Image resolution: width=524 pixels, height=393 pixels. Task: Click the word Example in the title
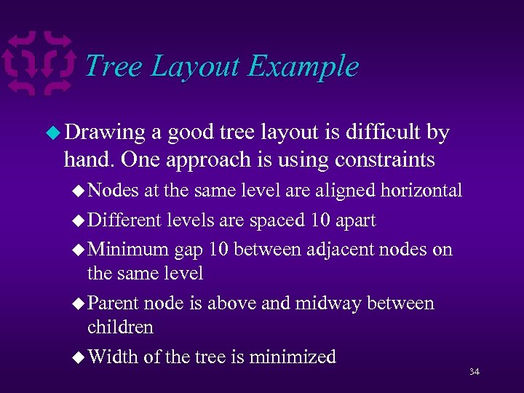pyautogui.click(x=303, y=66)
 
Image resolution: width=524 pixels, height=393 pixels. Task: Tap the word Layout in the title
pyautogui.click(x=195, y=66)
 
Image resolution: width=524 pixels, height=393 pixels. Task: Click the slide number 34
pyautogui.click(x=475, y=372)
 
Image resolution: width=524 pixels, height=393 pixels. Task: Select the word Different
pyautogui.click(x=124, y=220)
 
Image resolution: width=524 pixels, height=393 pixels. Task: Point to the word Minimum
pyautogui.click(x=127, y=250)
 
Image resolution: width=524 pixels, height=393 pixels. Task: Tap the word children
pyautogui.click(x=120, y=327)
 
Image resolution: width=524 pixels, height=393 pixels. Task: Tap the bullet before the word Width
pyautogui.click(x=79, y=357)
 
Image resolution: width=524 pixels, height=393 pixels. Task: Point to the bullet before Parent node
pyautogui.click(x=79, y=303)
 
